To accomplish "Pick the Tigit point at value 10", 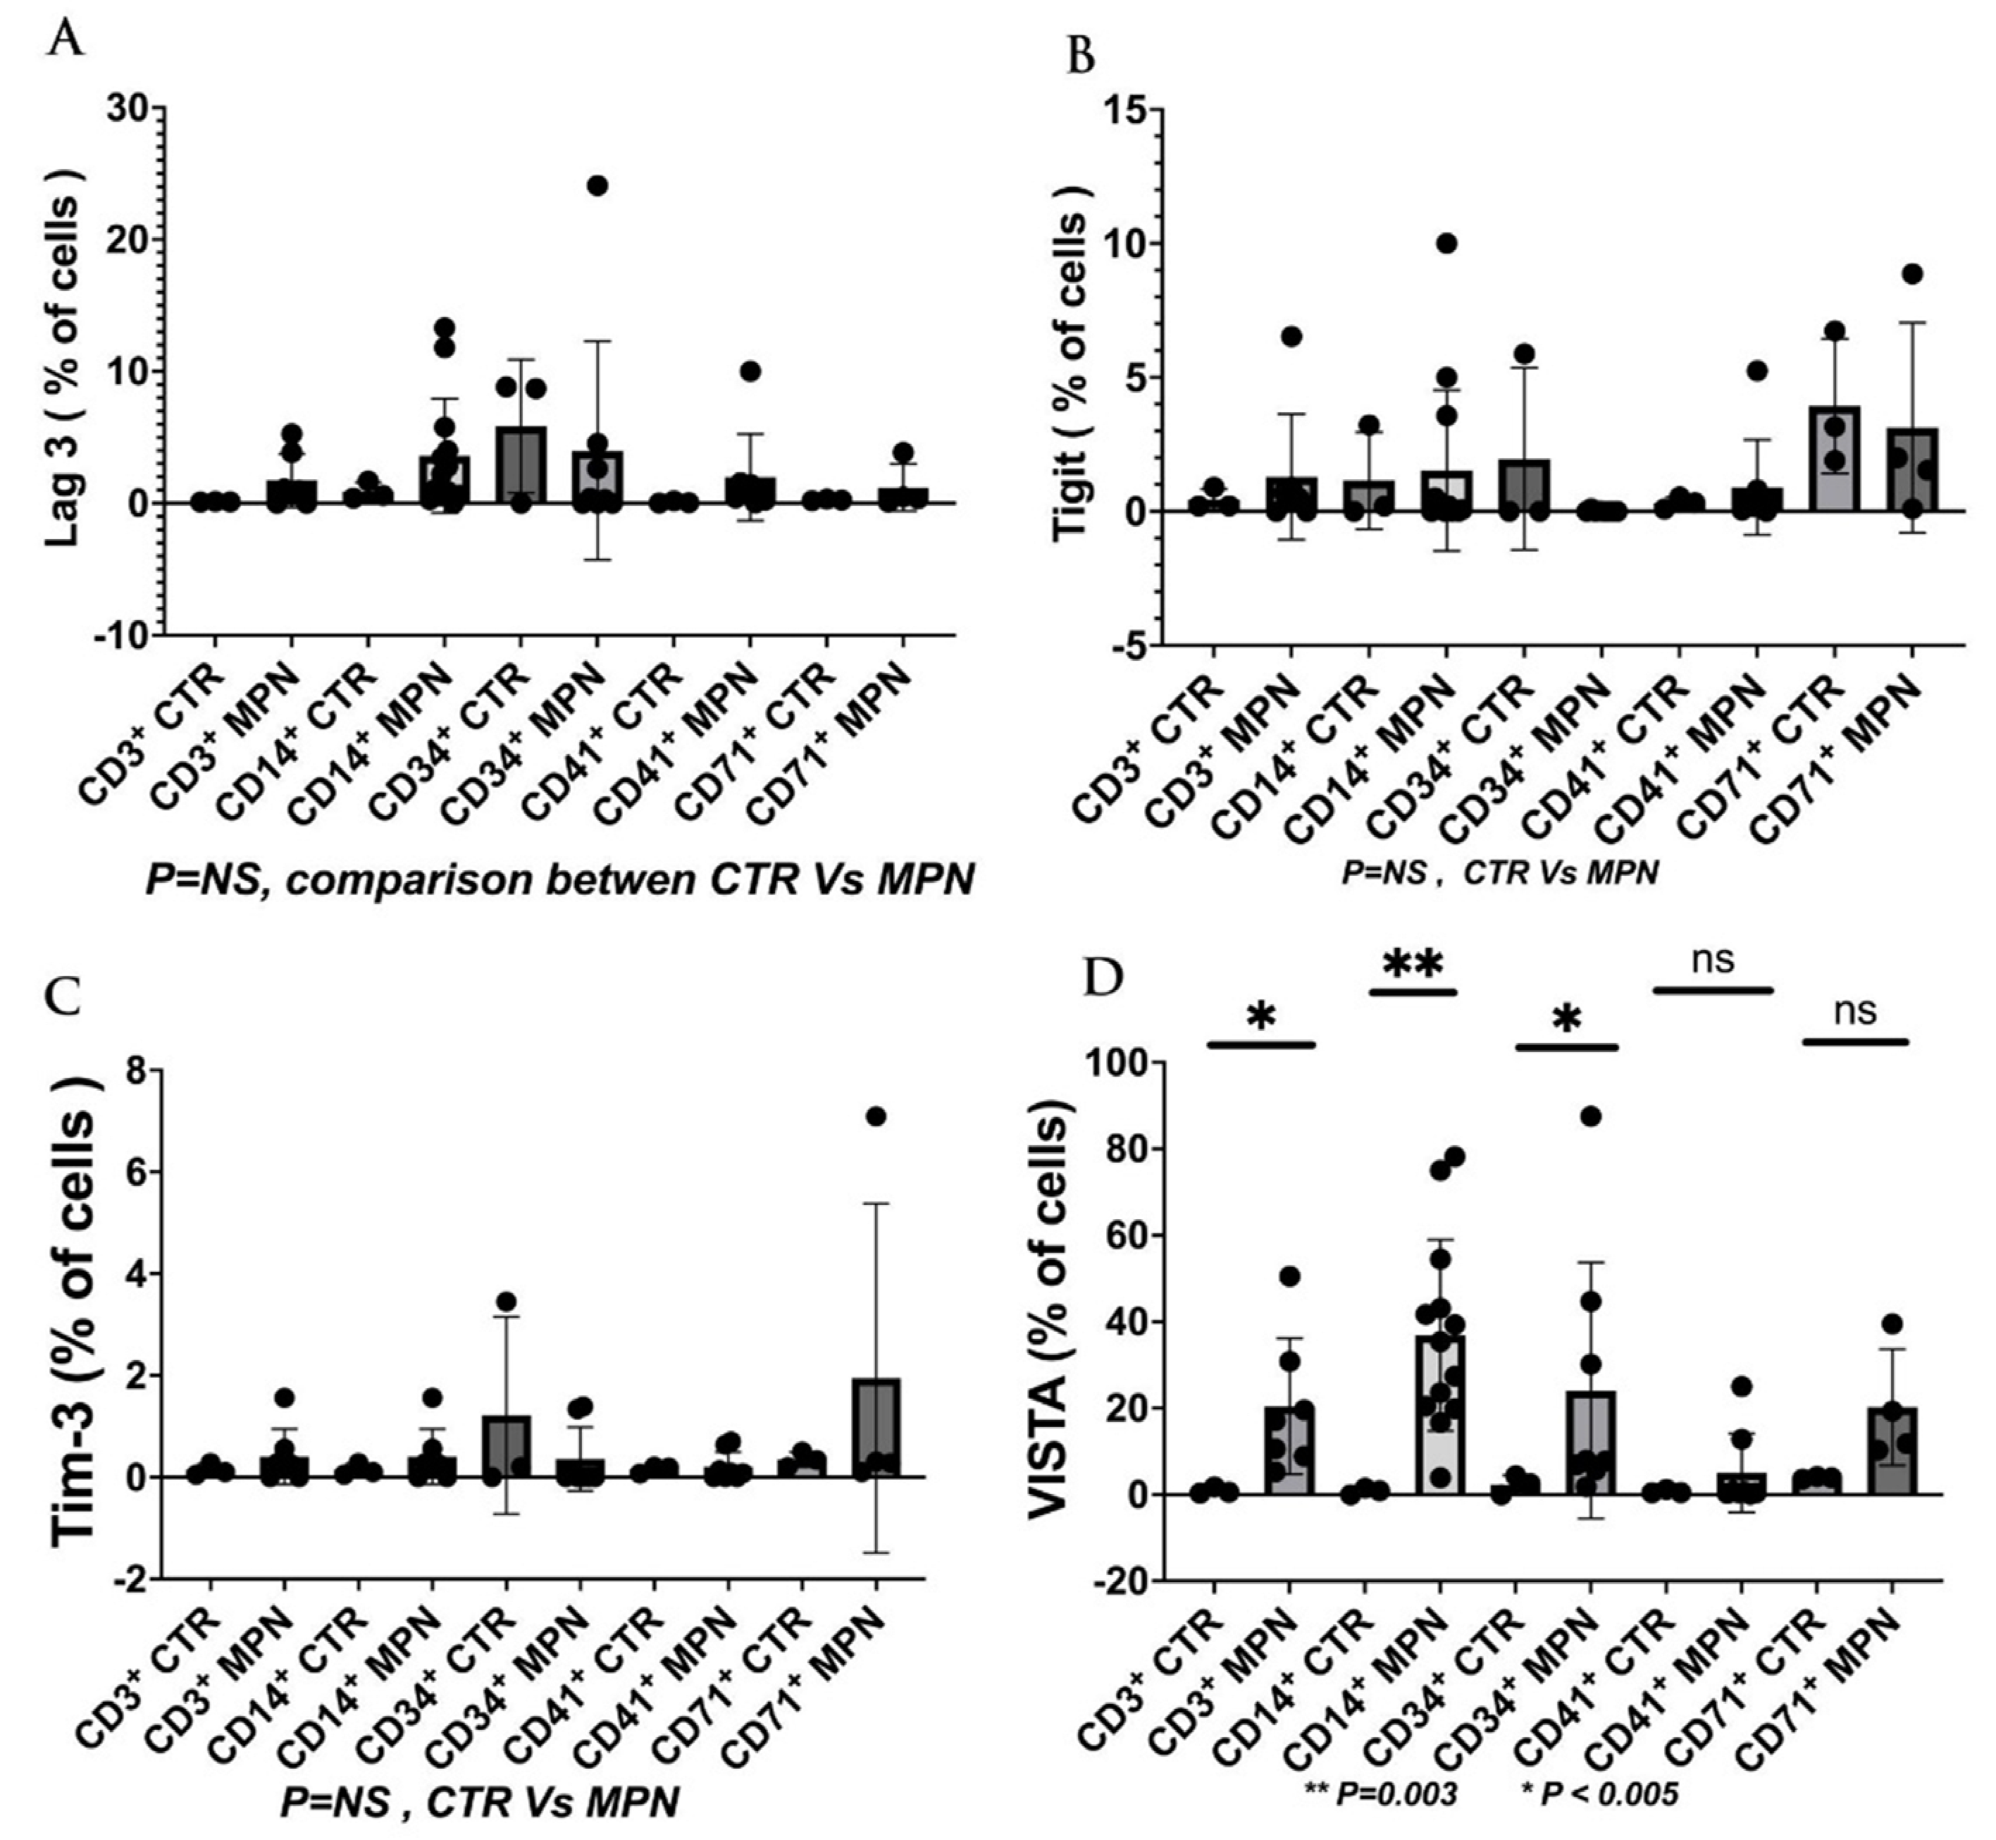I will (x=1446, y=244).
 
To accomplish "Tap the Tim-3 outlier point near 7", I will (x=875, y=1116).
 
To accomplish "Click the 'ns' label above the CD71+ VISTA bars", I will (x=1854, y=1011).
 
